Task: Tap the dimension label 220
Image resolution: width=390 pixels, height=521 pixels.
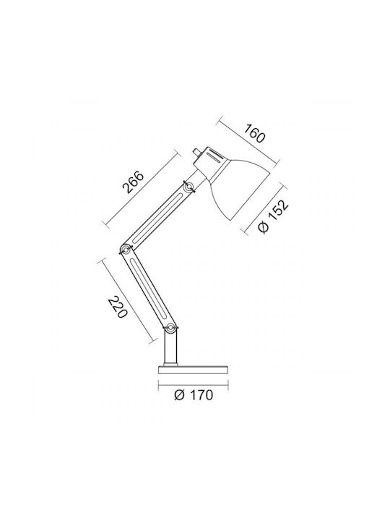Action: [118, 307]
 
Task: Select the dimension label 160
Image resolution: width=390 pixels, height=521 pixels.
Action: [255, 133]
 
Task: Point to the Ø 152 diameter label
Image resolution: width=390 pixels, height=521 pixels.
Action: [273, 216]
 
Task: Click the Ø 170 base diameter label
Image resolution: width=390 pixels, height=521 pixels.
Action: [194, 395]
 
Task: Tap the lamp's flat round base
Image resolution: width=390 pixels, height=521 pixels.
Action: [194, 370]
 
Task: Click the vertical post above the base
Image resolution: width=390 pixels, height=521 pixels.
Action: [170, 348]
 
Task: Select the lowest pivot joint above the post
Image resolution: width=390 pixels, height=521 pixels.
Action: [170, 328]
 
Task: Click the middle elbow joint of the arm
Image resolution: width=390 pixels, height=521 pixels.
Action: [126, 249]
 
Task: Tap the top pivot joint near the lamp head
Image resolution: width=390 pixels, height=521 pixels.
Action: [189, 187]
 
